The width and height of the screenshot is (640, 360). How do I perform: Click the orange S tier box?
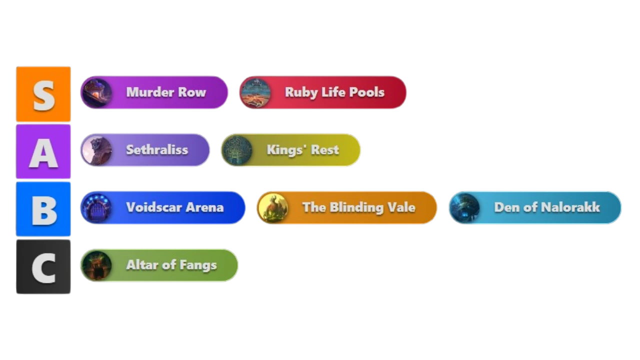point(43,94)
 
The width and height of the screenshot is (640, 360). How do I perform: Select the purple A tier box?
point(43,151)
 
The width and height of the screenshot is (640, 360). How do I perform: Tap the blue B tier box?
point(43,209)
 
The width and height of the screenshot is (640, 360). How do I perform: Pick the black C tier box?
point(43,266)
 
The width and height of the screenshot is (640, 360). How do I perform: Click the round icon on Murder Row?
point(96,92)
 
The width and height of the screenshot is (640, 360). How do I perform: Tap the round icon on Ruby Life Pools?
point(255,92)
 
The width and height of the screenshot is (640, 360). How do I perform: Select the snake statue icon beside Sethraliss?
point(96,150)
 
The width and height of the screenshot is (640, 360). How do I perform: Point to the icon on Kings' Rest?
point(237,150)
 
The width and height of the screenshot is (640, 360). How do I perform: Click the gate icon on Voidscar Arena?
point(96,207)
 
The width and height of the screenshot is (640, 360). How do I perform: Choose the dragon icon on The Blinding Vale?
point(273,207)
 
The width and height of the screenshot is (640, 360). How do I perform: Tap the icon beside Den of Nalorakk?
point(464,207)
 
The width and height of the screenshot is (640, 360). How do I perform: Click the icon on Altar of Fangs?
point(96,265)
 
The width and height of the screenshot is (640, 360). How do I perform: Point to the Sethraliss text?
point(157,149)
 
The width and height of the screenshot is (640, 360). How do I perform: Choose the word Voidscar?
point(153,207)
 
